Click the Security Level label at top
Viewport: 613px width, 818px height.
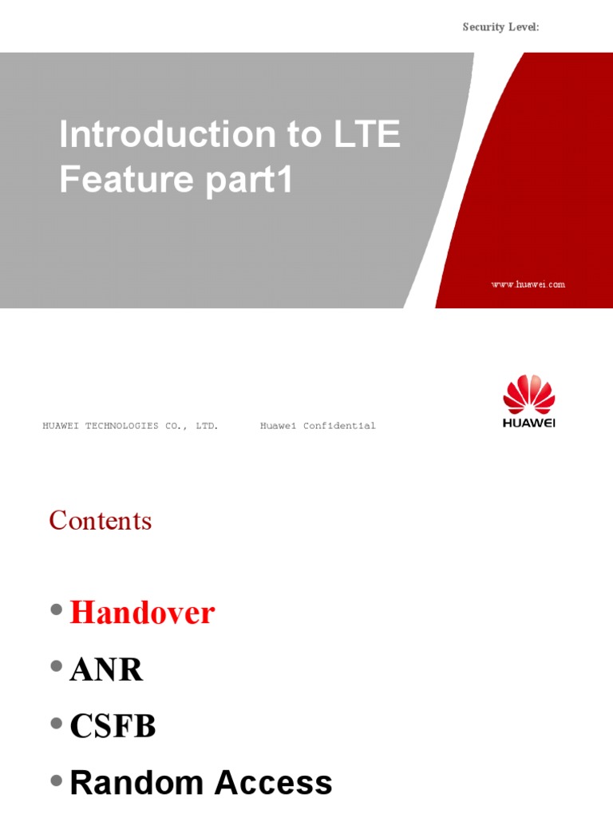pos(500,27)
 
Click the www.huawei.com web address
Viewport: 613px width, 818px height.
pos(528,284)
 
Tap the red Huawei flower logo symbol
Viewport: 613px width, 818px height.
pos(528,394)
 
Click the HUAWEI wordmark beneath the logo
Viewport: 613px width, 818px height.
pos(528,423)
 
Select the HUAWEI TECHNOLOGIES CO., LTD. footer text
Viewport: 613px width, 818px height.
pos(130,427)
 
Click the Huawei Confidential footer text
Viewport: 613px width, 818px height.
pos(318,427)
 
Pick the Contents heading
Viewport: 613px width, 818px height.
pos(100,521)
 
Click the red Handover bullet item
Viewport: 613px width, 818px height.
pos(142,613)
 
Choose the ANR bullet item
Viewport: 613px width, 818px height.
pos(106,670)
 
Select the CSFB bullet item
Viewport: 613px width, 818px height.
pos(113,727)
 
